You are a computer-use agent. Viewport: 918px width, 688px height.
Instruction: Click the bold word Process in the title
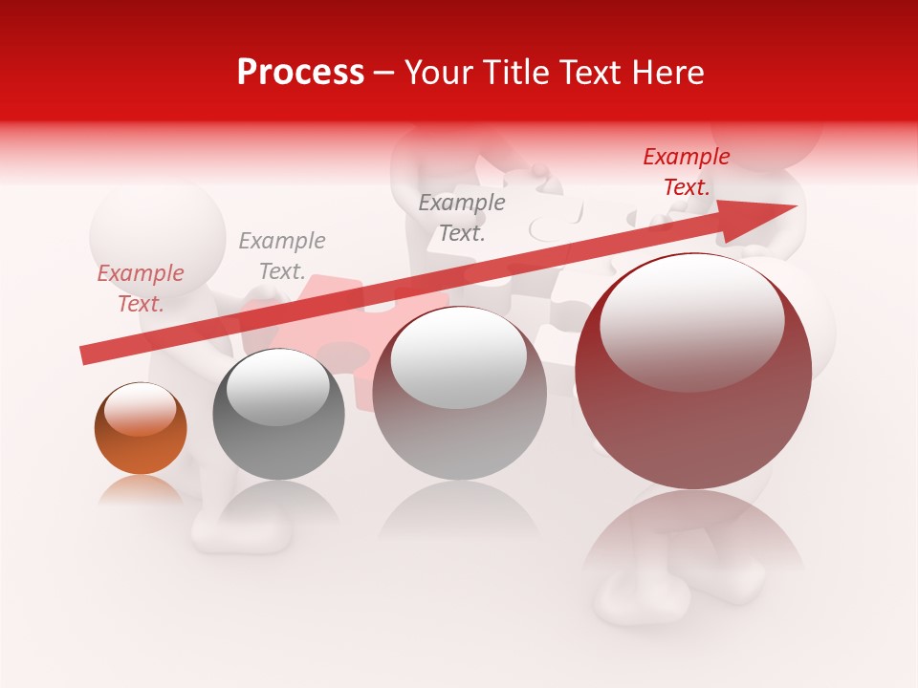click(x=300, y=73)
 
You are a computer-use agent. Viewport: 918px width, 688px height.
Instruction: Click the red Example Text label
click(x=686, y=172)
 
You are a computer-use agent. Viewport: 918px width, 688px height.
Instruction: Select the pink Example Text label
click(x=141, y=288)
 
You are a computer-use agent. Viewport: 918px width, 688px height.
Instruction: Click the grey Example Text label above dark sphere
click(x=282, y=255)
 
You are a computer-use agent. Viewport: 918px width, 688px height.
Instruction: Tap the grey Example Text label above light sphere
click(x=462, y=217)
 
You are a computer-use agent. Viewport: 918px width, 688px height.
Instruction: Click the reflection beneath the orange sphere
click(x=141, y=489)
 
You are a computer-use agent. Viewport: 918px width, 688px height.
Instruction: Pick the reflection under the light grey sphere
click(x=459, y=511)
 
